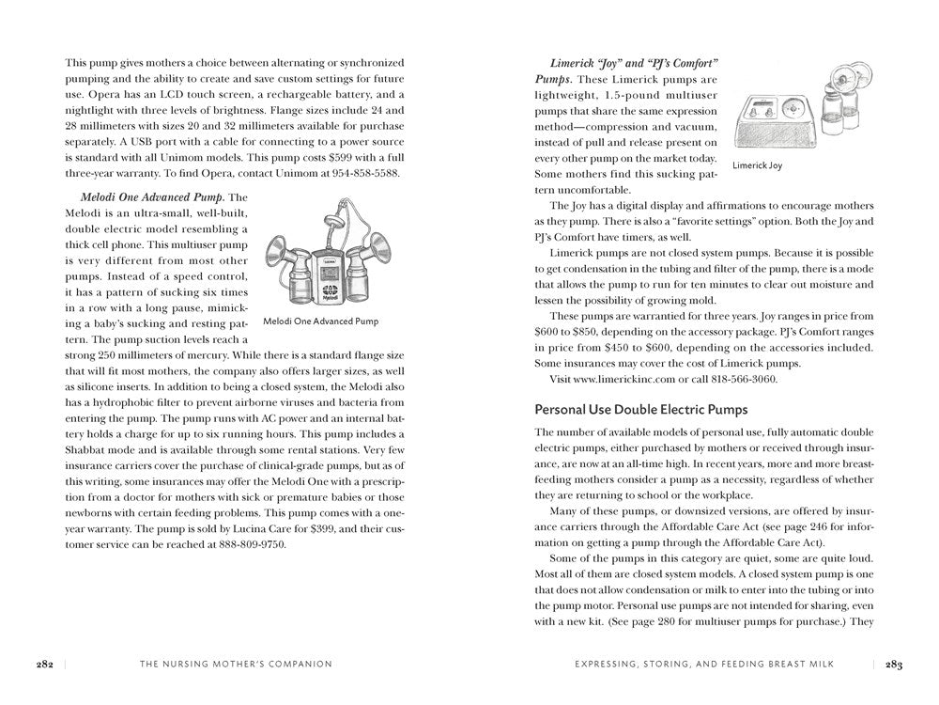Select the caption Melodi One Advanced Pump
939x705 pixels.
click(x=321, y=321)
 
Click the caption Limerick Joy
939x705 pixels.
click(x=757, y=165)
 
